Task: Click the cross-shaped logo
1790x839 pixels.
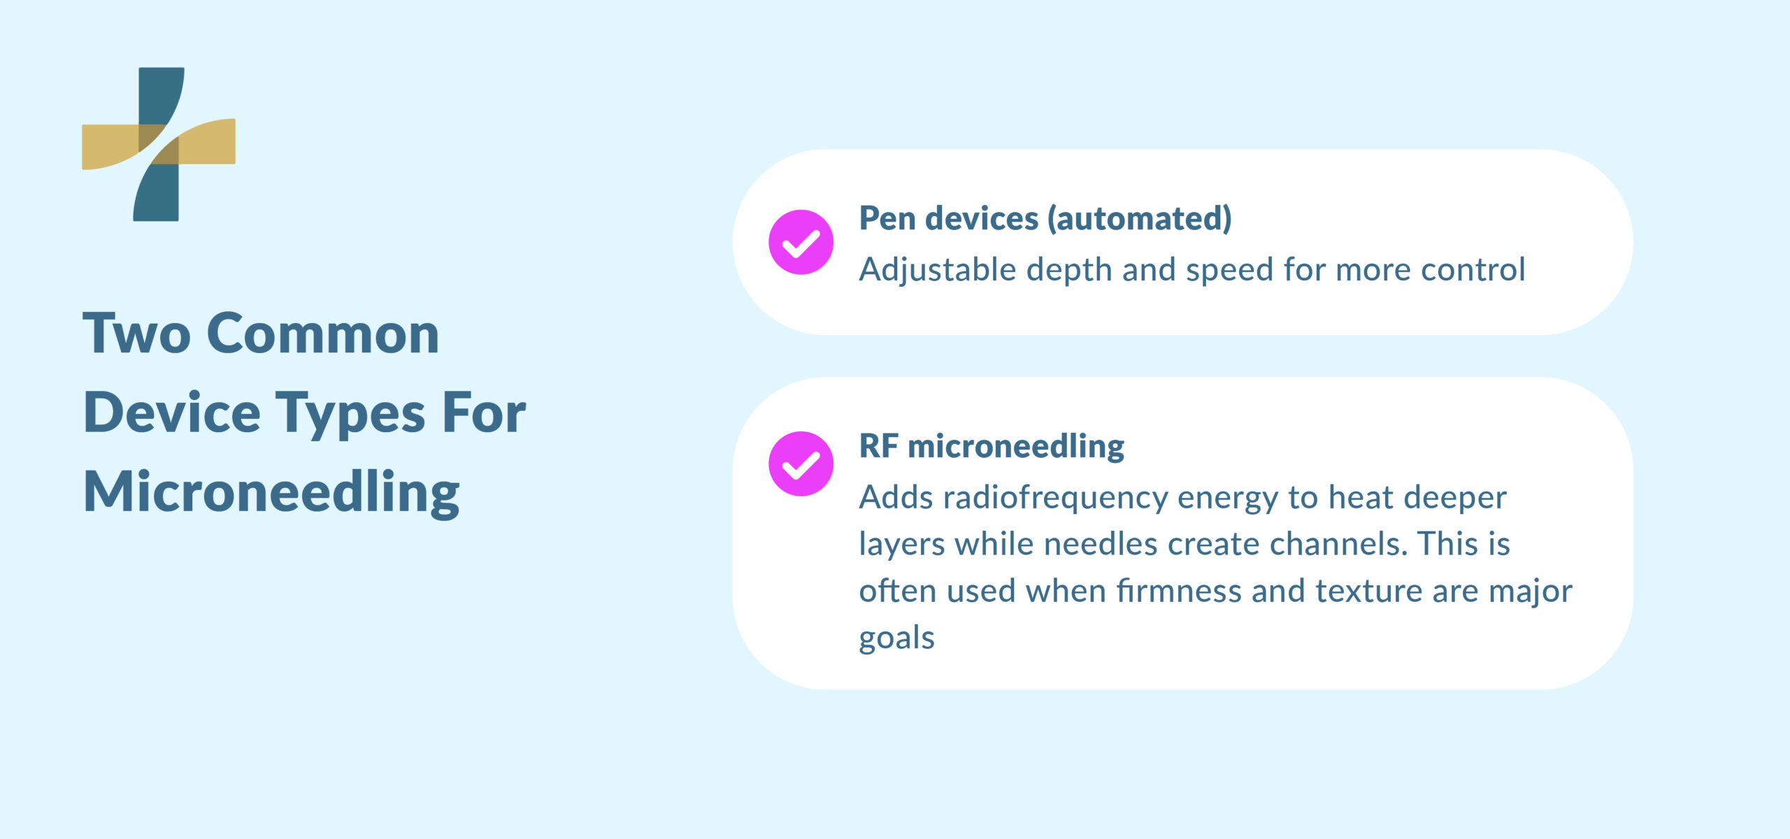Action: (x=159, y=144)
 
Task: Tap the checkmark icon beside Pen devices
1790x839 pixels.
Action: (x=801, y=242)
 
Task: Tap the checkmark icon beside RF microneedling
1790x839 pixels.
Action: (x=801, y=464)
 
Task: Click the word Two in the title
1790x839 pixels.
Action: (x=136, y=334)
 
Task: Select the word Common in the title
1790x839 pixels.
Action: (x=322, y=334)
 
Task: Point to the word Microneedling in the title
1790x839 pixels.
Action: (x=271, y=492)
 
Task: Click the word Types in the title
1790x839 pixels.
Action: (x=350, y=414)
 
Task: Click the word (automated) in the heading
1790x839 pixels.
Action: (x=1139, y=218)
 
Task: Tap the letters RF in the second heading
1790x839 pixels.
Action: (x=878, y=446)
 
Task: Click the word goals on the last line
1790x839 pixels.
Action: (x=896, y=638)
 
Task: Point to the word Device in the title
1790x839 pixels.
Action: (x=172, y=414)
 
